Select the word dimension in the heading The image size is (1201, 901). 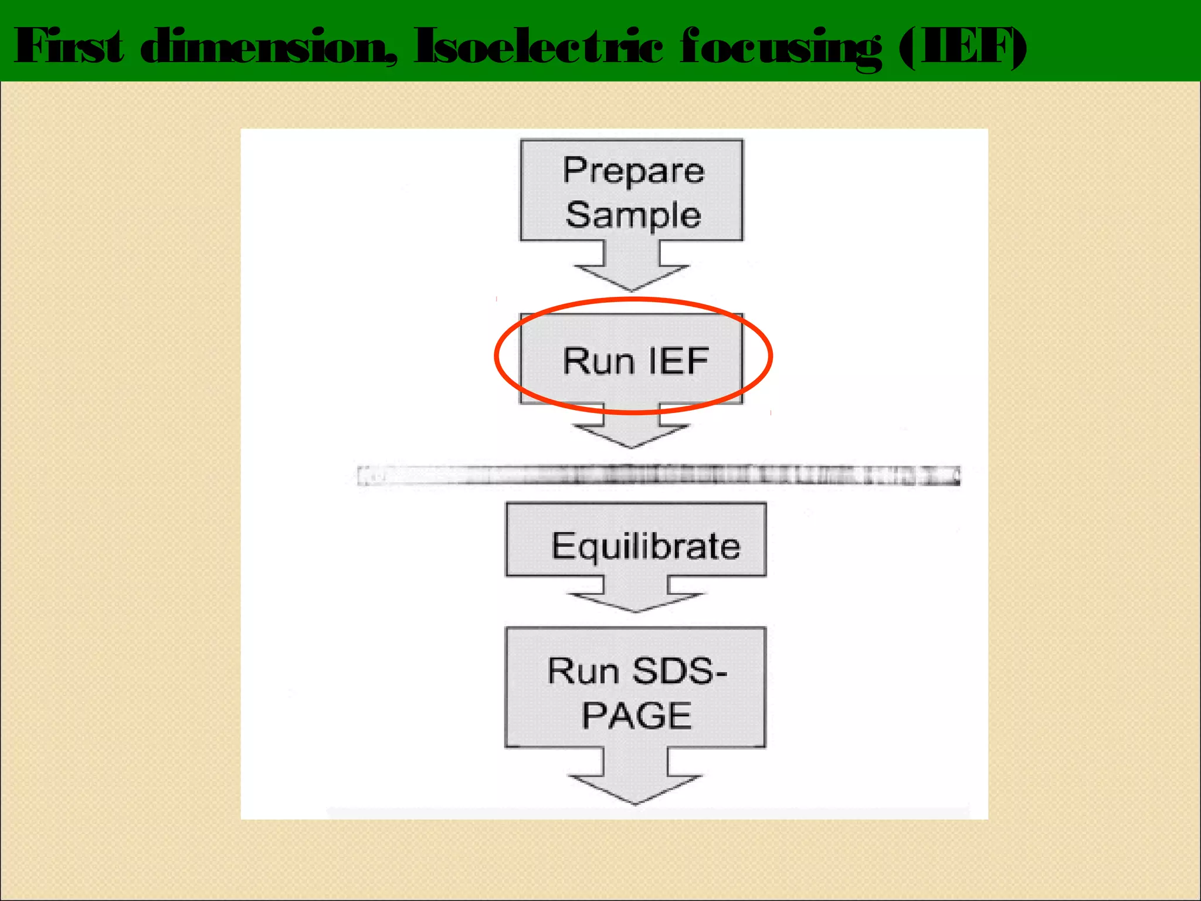(x=269, y=46)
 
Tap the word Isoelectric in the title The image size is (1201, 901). (x=538, y=46)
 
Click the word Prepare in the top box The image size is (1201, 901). (x=633, y=171)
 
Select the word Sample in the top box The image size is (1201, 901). (x=633, y=215)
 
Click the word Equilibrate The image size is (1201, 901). (x=646, y=546)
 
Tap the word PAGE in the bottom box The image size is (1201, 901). (x=637, y=715)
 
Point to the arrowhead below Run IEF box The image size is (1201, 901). (x=632, y=434)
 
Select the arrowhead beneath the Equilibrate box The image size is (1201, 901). (x=636, y=600)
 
